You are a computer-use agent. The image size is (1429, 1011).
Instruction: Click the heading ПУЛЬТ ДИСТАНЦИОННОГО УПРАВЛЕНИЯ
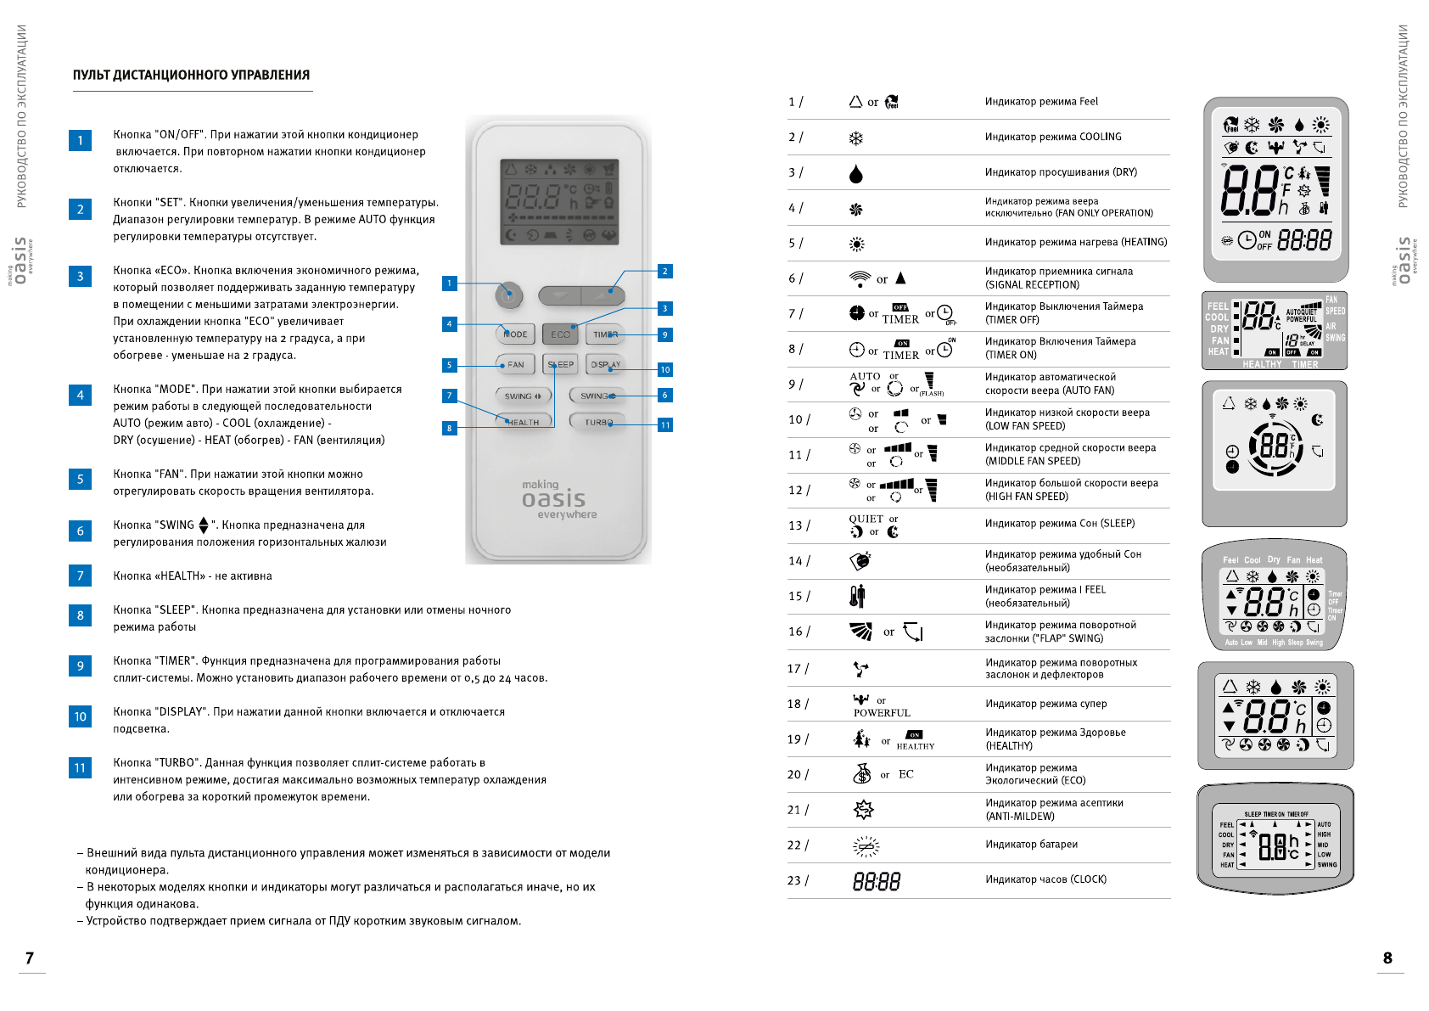pos(191,75)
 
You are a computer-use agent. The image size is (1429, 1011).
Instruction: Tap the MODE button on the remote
pos(515,334)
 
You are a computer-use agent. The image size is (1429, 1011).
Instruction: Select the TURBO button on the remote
pos(598,422)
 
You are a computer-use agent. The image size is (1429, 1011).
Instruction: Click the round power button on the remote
pos(508,295)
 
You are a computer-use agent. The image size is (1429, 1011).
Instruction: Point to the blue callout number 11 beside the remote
pos(665,424)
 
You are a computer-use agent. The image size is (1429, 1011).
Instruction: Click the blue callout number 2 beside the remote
pos(665,271)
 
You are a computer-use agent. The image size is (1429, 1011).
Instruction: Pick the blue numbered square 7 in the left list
pos(80,576)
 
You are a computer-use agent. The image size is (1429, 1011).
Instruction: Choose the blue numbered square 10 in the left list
pos(80,716)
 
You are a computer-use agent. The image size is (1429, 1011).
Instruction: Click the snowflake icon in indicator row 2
pos(856,138)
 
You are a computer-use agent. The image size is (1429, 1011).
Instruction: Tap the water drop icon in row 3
pos(856,173)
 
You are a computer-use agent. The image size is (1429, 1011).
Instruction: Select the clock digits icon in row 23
pos(877,881)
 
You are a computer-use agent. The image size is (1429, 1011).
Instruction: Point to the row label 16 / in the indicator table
pos(799,632)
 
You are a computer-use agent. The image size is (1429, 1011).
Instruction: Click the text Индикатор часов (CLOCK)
pos(1045,879)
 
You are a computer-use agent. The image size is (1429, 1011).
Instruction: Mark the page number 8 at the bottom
pos(1387,958)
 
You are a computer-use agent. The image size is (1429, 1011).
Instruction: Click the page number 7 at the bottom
pos(30,958)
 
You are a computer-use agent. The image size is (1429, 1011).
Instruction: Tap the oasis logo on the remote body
pos(554,499)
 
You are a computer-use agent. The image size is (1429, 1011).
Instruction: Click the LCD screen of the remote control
pos(559,202)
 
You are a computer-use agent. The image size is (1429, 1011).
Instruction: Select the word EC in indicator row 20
pos(906,774)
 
